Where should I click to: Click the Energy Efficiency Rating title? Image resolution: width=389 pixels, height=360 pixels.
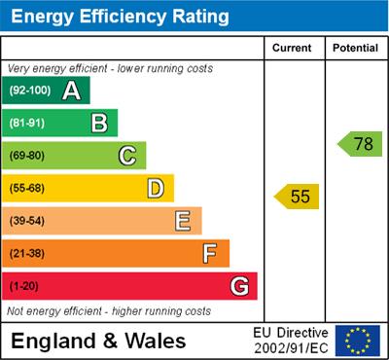tap(120, 17)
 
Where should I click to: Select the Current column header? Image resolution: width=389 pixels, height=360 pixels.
tap(293, 48)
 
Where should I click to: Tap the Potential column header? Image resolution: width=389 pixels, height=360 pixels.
tap(355, 48)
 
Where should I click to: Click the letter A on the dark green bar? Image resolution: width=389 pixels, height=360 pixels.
tap(71, 90)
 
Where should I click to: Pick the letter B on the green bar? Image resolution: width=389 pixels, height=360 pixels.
tap(99, 123)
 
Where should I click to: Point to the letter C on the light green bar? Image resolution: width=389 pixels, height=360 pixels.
tap(126, 156)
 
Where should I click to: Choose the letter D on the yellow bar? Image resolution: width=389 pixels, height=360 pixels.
tap(155, 188)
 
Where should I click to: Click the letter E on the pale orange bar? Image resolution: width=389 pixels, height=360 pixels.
tap(182, 221)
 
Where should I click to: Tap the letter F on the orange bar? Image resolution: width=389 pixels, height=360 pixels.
tap(209, 254)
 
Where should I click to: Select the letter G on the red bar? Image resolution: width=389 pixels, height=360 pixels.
tap(238, 286)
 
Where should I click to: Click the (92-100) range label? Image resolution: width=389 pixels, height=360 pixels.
tap(29, 91)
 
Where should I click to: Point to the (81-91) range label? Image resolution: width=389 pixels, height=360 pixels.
tap(27, 124)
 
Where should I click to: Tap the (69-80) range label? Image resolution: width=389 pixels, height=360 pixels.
tap(27, 156)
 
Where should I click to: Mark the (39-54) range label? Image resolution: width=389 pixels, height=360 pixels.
tap(27, 222)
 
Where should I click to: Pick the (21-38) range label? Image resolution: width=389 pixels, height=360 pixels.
tap(27, 254)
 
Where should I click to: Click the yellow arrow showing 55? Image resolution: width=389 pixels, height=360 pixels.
tap(298, 197)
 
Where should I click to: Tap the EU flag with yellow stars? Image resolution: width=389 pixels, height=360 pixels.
tap(358, 340)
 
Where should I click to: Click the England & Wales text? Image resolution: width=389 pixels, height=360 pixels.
tap(97, 341)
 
